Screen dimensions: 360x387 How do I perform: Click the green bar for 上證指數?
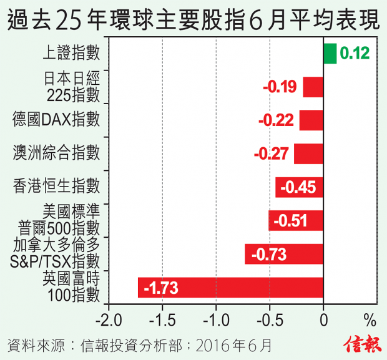330,54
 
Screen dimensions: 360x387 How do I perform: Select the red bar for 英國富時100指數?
230,288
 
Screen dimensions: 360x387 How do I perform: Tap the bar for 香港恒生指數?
299,187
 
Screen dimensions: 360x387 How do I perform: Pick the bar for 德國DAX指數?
311,120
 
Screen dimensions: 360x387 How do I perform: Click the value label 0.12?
355,54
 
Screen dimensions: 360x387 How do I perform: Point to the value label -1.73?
161,288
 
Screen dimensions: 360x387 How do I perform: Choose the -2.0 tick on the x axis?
109,321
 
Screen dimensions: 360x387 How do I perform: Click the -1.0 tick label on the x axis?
215,321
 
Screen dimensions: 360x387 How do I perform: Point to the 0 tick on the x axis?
323,321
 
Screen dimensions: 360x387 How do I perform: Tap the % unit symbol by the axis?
370,321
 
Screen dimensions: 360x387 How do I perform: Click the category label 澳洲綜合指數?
57,152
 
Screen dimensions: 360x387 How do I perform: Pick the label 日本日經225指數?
72,87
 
